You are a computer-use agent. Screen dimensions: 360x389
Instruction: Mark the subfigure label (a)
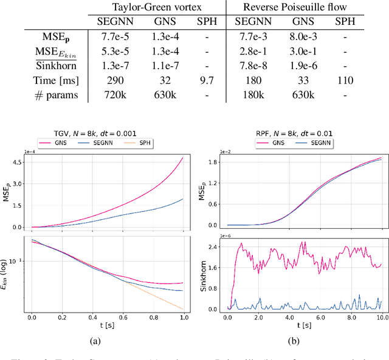tap(94, 340)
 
